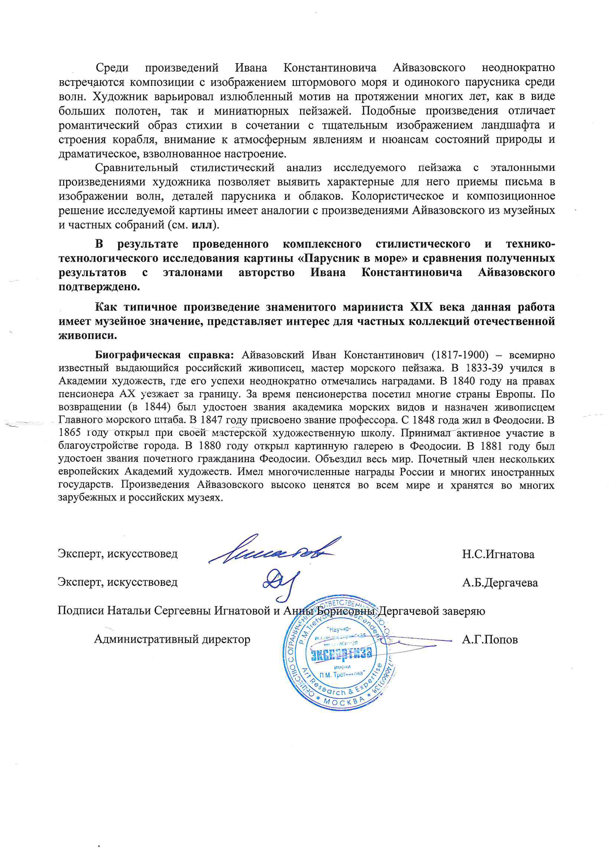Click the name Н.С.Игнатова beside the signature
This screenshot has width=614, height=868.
(x=498, y=555)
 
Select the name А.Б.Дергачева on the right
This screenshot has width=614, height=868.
(x=500, y=583)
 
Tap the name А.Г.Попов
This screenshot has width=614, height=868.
(x=490, y=640)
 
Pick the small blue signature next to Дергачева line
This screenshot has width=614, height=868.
(x=281, y=582)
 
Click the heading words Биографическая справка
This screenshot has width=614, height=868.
(x=164, y=355)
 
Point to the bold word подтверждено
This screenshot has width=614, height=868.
(x=99, y=287)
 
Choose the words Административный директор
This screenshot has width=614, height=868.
(x=172, y=639)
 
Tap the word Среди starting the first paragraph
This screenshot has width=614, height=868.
(x=112, y=68)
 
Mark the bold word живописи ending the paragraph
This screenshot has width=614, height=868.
(x=88, y=335)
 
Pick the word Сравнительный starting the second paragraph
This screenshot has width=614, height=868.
(x=137, y=167)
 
